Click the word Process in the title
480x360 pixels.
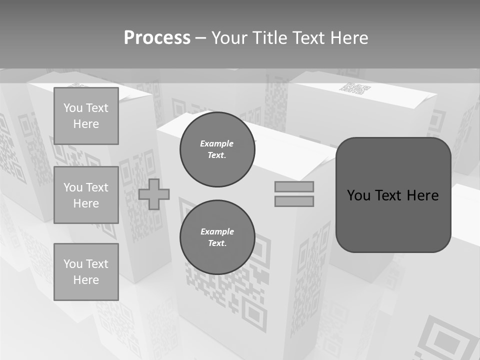[x=157, y=38]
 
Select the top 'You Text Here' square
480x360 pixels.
[x=86, y=116]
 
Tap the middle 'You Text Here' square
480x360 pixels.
[x=86, y=195]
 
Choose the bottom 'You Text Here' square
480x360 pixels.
[x=86, y=272]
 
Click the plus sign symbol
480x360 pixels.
[x=154, y=194]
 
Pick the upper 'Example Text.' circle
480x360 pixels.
[x=217, y=149]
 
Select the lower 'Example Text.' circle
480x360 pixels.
[x=217, y=237]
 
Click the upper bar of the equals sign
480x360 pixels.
[x=294, y=186]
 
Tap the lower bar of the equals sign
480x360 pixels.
[x=294, y=201]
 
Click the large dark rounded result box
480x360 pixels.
[x=393, y=220]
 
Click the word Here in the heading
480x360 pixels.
[x=349, y=38]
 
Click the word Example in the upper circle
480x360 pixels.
[x=217, y=143]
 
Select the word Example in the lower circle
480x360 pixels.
[x=217, y=231]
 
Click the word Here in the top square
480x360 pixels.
[x=86, y=124]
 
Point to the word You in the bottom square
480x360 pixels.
[x=73, y=264]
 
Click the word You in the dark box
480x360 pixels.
[x=358, y=195]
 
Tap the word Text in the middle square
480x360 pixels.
[x=97, y=187]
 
